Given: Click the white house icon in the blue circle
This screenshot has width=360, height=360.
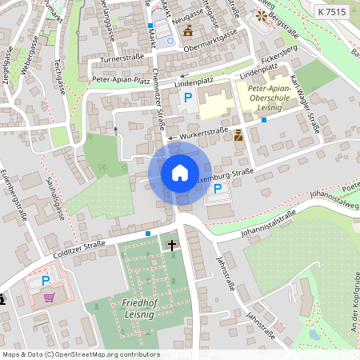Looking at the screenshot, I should point(179,173).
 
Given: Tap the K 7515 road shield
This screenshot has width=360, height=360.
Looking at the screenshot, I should point(330,12).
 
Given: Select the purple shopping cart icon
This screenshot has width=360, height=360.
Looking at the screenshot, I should point(50,298).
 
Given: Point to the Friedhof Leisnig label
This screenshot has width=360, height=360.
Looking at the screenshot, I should point(144,309).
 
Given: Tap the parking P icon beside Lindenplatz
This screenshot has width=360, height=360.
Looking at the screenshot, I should point(188,98).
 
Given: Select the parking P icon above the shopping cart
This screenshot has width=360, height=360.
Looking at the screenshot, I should point(46,281).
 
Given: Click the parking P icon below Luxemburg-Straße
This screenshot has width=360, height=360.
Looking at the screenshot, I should point(219,189).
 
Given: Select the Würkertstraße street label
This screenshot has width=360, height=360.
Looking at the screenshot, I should point(198,137).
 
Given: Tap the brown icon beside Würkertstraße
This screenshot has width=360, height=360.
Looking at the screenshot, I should point(238,135).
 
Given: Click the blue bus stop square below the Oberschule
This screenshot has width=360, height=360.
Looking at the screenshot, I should point(264,120).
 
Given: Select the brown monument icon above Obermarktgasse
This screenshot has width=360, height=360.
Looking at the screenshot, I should point(188,31).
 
